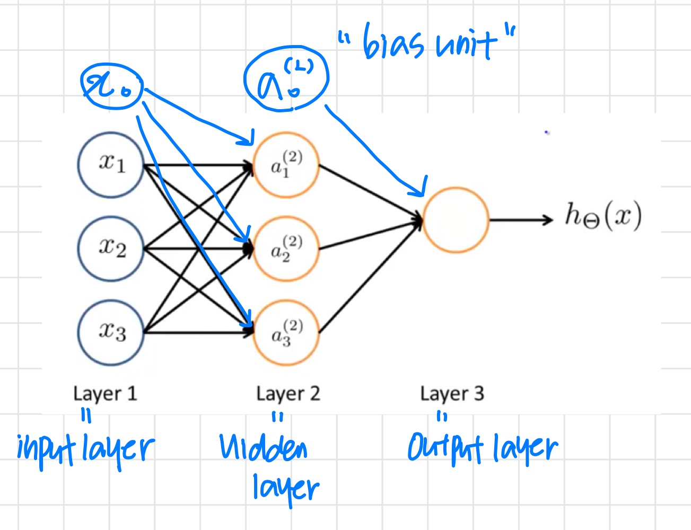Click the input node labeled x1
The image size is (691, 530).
tap(111, 165)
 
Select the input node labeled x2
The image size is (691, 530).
tap(111, 248)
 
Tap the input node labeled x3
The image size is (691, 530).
tap(111, 332)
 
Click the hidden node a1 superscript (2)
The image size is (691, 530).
tap(286, 165)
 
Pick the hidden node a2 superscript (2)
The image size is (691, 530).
tap(286, 249)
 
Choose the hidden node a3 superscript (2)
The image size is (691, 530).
tap(286, 332)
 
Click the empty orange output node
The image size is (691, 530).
tap(456, 219)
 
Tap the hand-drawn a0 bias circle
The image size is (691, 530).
tap(286, 79)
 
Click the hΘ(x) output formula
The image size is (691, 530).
tap(603, 216)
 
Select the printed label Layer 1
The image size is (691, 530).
tap(105, 394)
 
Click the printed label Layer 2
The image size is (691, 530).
tap(288, 394)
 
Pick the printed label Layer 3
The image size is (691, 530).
tap(452, 394)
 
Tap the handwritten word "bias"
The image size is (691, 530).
tap(393, 43)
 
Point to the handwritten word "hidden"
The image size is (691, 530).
tap(264, 448)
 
